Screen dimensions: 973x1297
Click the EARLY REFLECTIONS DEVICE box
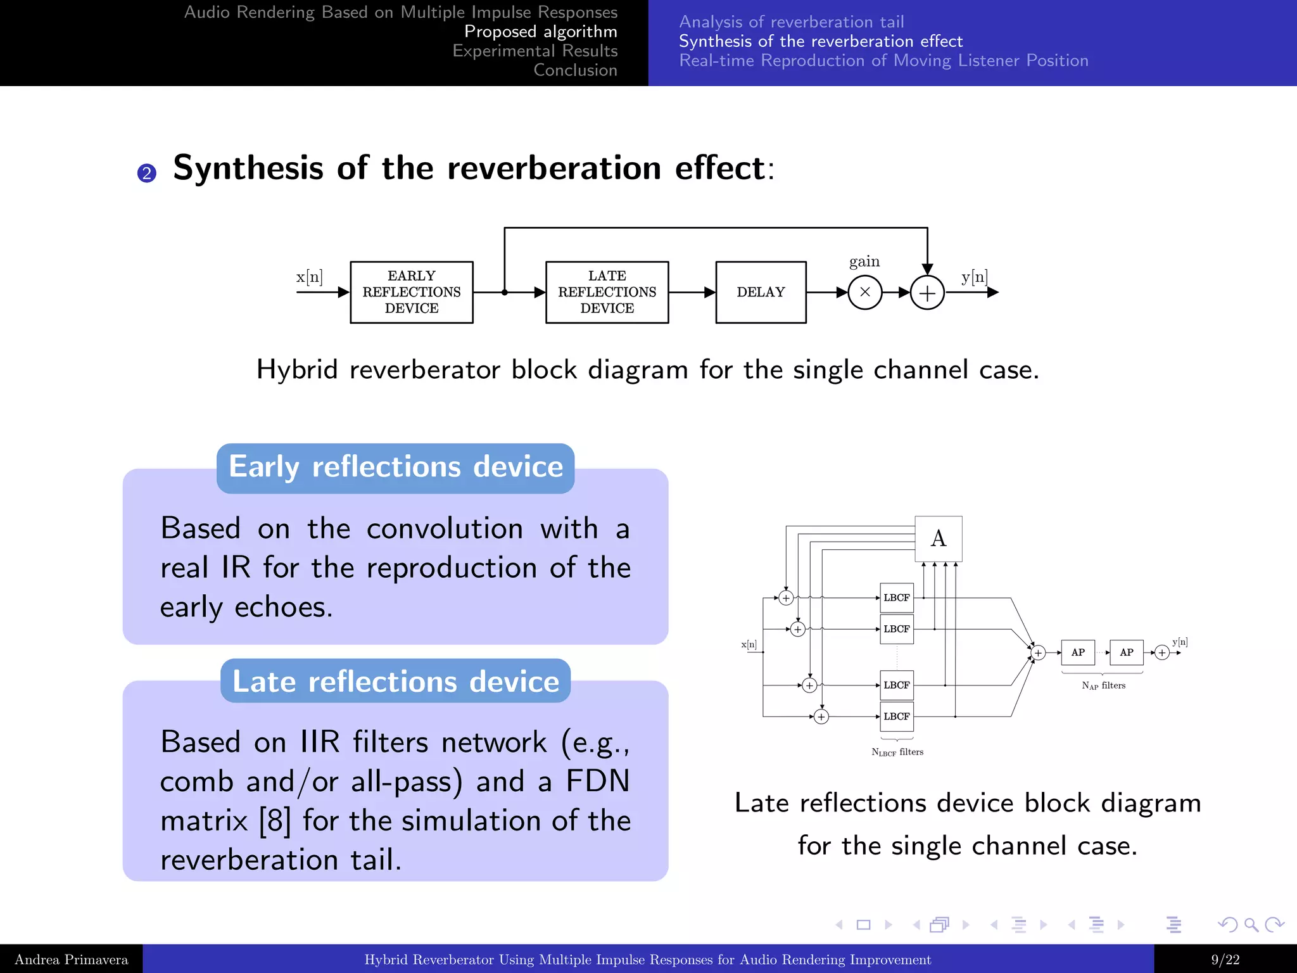(x=412, y=292)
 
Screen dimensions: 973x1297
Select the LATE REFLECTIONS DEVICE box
(x=607, y=292)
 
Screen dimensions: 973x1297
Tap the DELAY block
(x=761, y=292)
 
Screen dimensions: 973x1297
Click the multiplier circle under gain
(x=864, y=293)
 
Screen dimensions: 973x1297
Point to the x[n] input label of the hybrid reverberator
(x=309, y=277)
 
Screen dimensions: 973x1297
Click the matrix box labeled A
(x=939, y=538)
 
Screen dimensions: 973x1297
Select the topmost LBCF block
(x=897, y=597)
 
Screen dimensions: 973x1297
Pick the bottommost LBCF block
(x=897, y=716)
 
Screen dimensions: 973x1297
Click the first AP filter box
(x=1078, y=652)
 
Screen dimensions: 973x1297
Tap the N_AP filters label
(x=1103, y=685)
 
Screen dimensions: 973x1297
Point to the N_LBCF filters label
(x=897, y=752)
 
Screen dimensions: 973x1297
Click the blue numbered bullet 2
(x=147, y=173)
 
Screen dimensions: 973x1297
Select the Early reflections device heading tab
(x=395, y=467)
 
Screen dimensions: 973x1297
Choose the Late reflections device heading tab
(x=395, y=681)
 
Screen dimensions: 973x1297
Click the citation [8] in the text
(x=275, y=820)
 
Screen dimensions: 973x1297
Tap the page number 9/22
(x=1225, y=960)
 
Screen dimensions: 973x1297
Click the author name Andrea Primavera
(x=71, y=960)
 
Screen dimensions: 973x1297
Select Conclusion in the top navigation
(x=575, y=70)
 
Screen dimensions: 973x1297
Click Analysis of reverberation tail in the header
(x=791, y=22)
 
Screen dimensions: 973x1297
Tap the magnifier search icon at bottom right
(x=1251, y=925)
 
